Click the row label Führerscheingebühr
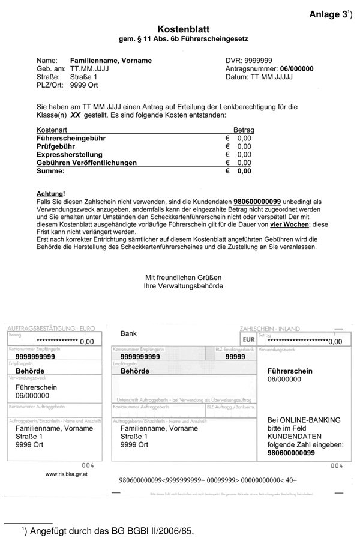point(71,138)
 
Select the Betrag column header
point(244,130)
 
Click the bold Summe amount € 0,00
point(239,171)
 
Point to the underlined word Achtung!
point(50,194)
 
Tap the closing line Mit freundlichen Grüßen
point(184,278)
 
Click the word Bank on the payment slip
point(128,333)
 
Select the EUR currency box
point(248,339)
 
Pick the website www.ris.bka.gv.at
point(68,474)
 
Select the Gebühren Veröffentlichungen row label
point(86,163)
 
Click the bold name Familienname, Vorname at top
point(111,61)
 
